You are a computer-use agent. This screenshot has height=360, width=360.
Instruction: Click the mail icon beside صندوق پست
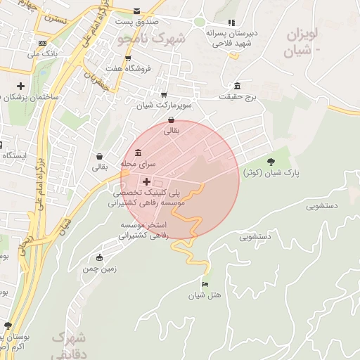[136, 12]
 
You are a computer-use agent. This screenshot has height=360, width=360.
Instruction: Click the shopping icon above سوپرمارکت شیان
[164, 94]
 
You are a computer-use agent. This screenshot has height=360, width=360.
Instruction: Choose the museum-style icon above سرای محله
[137, 153]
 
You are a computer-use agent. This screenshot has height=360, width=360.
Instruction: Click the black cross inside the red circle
[146, 181]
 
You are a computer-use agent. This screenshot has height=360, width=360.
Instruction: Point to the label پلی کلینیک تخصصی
[147, 191]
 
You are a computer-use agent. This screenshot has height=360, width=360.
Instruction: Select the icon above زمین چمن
[99, 257]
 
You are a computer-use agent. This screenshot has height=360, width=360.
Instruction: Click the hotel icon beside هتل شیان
[205, 284]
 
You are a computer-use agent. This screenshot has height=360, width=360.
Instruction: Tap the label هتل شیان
[205, 295]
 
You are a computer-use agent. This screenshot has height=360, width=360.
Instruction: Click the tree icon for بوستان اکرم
[8, 326]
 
